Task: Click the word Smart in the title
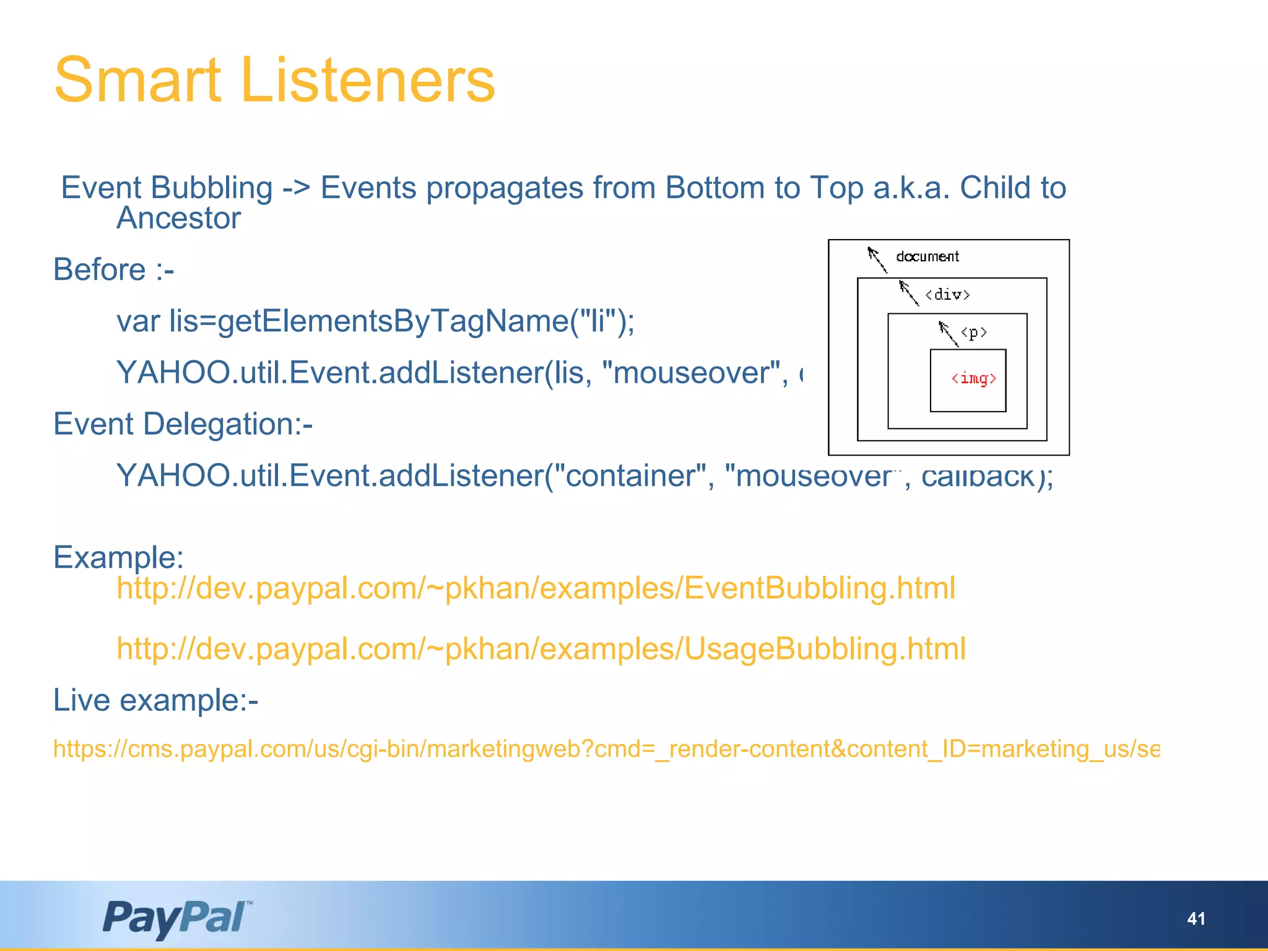(x=137, y=80)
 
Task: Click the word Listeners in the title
(x=368, y=80)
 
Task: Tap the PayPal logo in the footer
(x=177, y=918)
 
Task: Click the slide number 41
(x=1196, y=919)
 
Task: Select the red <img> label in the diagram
(x=973, y=378)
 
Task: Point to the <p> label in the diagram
(x=974, y=333)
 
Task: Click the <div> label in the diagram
(x=947, y=295)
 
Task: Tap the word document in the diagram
(x=927, y=256)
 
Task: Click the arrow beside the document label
(x=877, y=259)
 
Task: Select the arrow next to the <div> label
(x=908, y=292)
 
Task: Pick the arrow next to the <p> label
(x=948, y=333)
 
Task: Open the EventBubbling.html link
(x=536, y=588)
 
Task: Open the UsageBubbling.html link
(x=541, y=649)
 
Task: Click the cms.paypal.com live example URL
(x=606, y=749)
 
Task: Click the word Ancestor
(x=178, y=218)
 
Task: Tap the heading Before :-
(x=114, y=270)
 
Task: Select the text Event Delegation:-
(x=183, y=425)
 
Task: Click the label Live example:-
(x=155, y=701)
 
